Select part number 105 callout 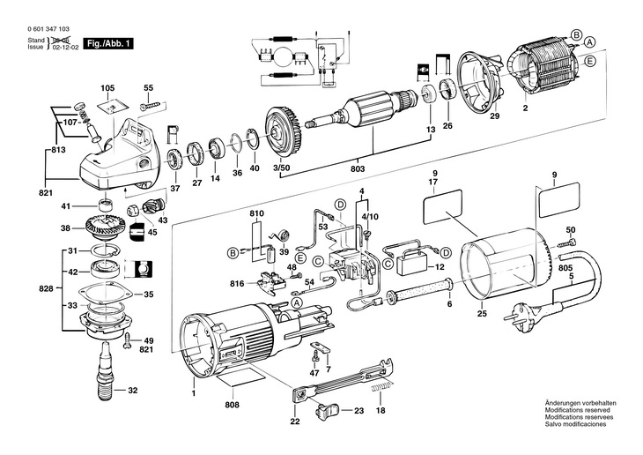(x=107, y=88)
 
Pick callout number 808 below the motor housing (x=232, y=407)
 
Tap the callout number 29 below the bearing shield (x=494, y=116)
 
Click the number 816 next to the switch (x=237, y=285)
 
